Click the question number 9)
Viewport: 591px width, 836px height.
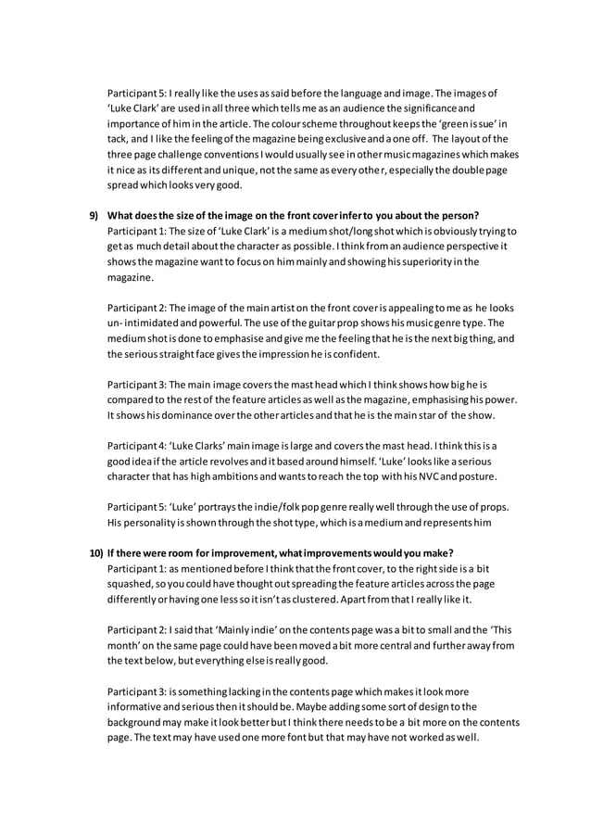94,216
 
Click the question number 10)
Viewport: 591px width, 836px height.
95,551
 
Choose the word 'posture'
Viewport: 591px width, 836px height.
472,476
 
